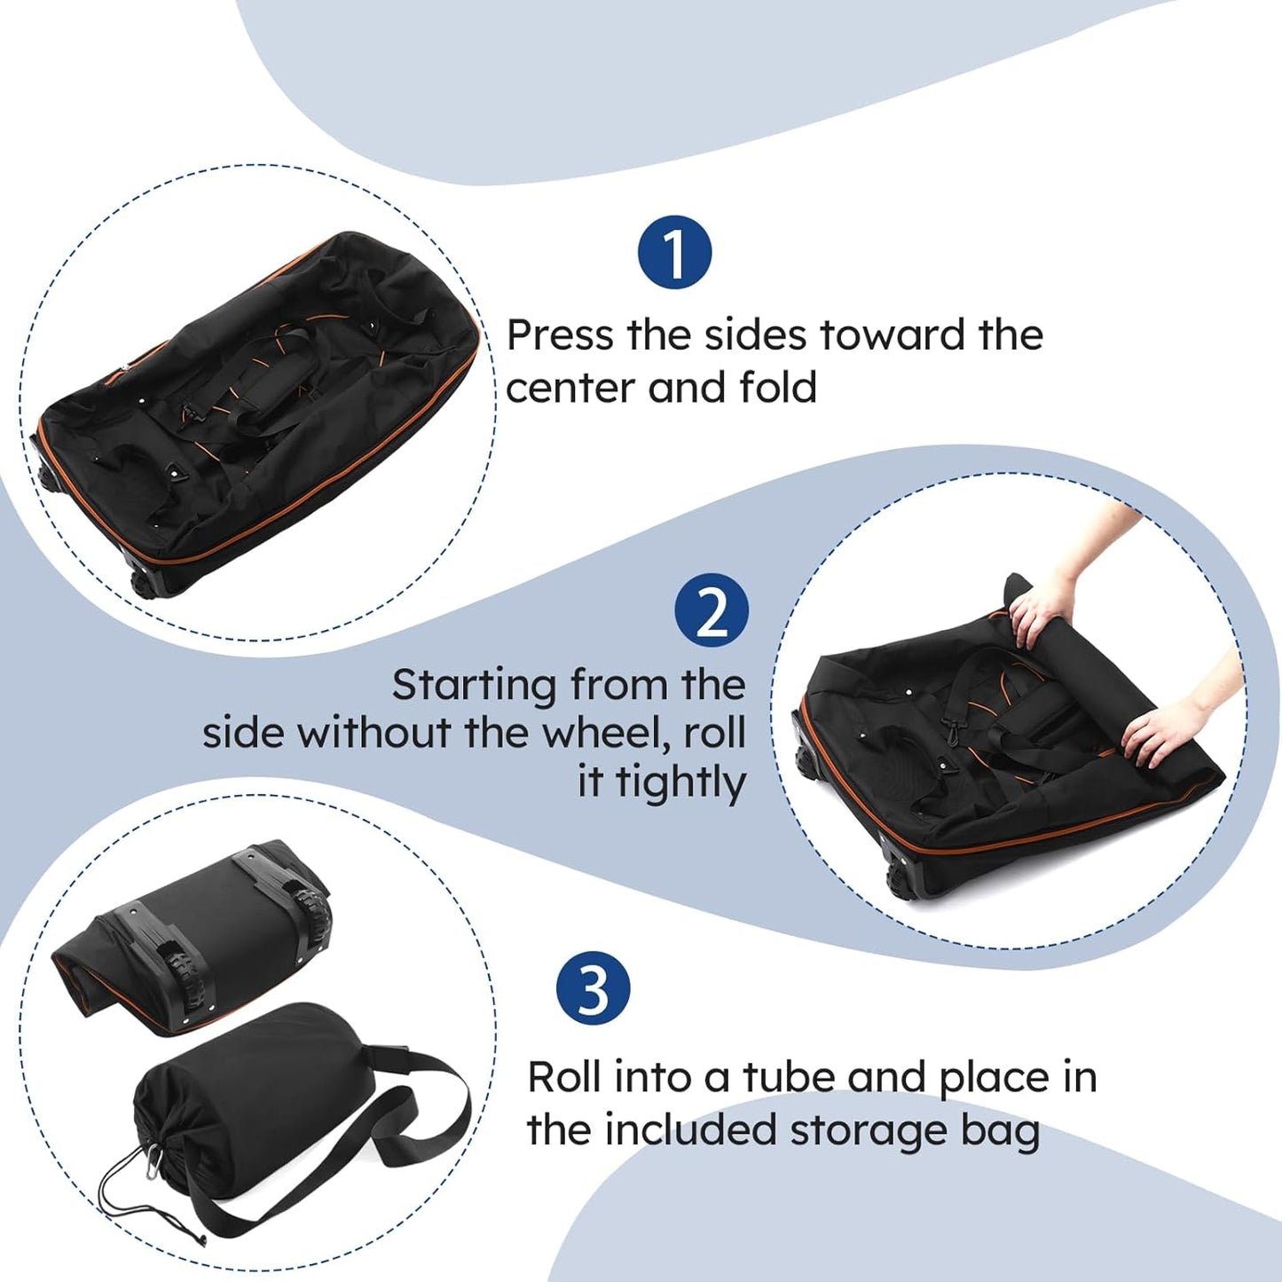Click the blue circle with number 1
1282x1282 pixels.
click(674, 253)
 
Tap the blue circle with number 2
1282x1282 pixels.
click(712, 610)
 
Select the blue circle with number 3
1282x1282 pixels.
click(593, 988)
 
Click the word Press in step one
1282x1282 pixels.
click(560, 335)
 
